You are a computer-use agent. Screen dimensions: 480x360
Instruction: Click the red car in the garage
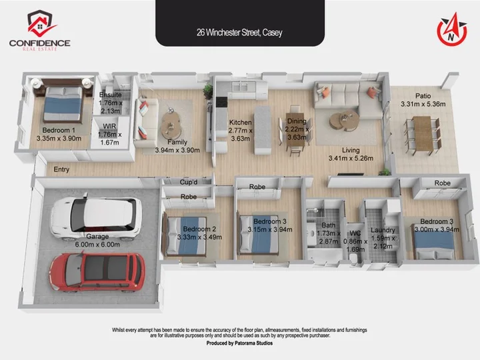[x=97, y=272]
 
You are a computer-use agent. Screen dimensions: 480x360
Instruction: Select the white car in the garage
[x=96, y=217]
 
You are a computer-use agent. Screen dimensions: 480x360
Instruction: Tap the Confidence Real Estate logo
[x=40, y=30]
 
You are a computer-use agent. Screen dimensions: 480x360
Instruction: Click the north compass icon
[x=452, y=30]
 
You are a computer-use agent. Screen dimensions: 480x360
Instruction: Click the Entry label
[x=61, y=169]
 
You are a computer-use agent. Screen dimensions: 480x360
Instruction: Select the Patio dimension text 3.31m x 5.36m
[x=423, y=104]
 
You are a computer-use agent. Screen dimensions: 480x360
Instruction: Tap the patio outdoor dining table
[x=423, y=135]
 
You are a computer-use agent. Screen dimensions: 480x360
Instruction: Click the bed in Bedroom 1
[x=63, y=103]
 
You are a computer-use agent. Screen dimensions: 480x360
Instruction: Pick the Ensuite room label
[x=111, y=95]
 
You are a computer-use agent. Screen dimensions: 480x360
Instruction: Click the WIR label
[x=109, y=127]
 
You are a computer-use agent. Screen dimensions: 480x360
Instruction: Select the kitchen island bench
[x=263, y=130]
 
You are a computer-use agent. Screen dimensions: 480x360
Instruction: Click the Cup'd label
[x=189, y=182]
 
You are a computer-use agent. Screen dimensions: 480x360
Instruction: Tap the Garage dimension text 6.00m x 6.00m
[x=97, y=245]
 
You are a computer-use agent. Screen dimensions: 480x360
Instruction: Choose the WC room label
[x=355, y=233]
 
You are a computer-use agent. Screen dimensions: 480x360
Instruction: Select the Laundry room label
[x=383, y=230]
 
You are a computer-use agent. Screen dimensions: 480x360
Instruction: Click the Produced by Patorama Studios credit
[x=239, y=343]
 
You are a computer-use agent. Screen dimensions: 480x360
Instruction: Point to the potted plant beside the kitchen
[x=209, y=91]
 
